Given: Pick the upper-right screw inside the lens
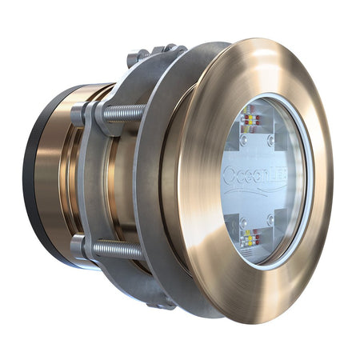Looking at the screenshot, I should tap(271, 141).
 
